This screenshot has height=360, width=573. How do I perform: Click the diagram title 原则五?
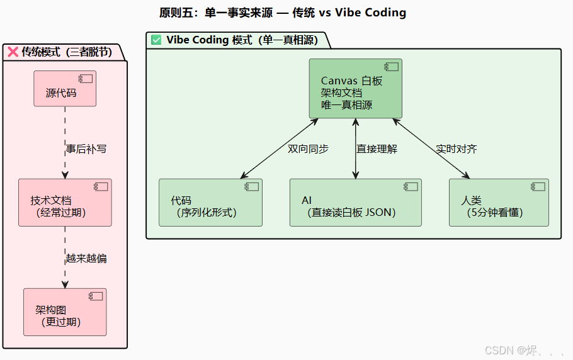283,13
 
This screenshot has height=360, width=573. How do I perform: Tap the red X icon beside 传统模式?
13,52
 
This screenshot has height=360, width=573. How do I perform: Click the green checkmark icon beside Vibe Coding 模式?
156,40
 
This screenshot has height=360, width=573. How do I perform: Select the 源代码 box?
64,89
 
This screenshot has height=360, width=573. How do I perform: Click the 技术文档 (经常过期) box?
65,203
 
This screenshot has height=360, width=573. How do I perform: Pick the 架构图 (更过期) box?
65,312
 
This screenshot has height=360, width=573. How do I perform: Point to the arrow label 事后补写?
86,149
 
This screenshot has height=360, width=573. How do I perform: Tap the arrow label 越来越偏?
86,259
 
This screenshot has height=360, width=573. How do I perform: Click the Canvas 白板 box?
355,89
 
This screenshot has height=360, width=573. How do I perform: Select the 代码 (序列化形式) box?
210,203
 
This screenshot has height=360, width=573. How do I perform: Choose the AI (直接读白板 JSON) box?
355,203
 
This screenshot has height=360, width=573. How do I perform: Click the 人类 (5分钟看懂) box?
499,203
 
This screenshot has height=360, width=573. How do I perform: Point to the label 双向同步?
308,149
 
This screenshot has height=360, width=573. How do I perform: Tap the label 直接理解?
377,149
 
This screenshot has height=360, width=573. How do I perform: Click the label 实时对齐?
457,149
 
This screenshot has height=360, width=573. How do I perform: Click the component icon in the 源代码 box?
84,79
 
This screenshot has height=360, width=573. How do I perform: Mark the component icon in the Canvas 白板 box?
391,67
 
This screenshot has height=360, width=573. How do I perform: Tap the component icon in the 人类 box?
538,186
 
